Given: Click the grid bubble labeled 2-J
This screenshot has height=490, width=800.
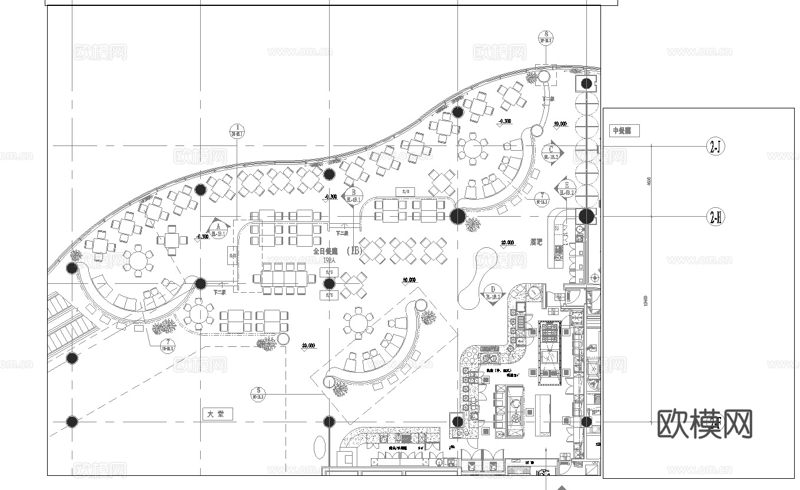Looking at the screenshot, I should pyautogui.click(x=715, y=147).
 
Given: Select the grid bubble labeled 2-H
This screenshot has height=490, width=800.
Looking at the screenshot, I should pyautogui.click(x=715, y=217).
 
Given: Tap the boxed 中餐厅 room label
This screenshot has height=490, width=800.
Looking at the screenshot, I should pyautogui.click(x=624, y=131).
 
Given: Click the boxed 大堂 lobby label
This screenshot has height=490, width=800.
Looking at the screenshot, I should pyautogui.click(x=217, y=414).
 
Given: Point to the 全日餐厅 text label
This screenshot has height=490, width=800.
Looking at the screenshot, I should pyautogui.click(x=326, y=251).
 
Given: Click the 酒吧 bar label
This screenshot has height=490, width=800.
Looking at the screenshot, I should pyautogui.click(x=536, y=242).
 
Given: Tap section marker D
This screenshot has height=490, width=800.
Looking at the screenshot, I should pyautogui.click(x=492, y=293).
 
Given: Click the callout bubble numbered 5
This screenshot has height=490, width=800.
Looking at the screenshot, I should pyautogui.click(x=258, y=393).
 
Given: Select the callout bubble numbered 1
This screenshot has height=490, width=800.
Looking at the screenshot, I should pyautogui.click(x=237, y=131).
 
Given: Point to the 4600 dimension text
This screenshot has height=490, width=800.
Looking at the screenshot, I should pyautogui.click(x=649, y=181).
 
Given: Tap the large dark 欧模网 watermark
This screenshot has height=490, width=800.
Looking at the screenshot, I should pyautogui.click(x=704, y=424).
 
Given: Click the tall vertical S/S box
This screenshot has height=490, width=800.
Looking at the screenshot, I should pyautogui.click(x=233, y=256).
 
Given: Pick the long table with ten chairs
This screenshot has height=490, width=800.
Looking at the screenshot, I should pyautogui.click(x=281, y=276).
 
